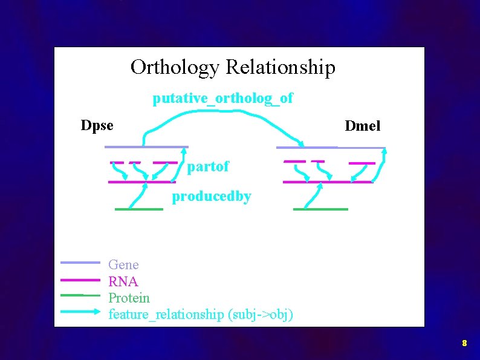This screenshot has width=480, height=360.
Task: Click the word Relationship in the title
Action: click(x=280, y=67)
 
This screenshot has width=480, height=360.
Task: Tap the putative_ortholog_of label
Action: click(x=222, y=98)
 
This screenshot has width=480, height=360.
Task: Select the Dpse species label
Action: click(x=97, y=126)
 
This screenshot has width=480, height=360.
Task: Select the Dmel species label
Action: click(x=362, y=126)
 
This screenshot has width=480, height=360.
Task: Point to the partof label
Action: click(x=208, y=167)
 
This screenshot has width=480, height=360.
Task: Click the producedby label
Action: click(x=212, y=197)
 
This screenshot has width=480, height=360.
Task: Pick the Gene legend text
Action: click(x=123, y=264)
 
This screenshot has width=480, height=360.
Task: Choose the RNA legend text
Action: click(x=123, y=281)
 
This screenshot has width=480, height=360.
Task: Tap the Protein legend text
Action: click(x=129, y=298)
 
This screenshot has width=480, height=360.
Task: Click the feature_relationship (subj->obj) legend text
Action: click(x=201, y=314)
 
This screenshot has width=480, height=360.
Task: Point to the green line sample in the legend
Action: click(x=80, y=295)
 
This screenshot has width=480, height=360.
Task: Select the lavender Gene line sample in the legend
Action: click(x=80, y=263)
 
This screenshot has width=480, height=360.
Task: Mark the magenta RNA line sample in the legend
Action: click(x=80, y=280)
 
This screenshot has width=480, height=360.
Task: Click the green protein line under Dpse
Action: click(x=139, y=209)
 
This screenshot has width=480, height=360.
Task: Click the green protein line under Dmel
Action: click(x=320, y=209)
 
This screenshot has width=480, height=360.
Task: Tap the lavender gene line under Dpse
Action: click(x=146, y=147)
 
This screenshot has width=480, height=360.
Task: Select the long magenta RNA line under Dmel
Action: click(x=326, y=182)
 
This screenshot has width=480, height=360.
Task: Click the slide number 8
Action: click(x=464, y=343)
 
